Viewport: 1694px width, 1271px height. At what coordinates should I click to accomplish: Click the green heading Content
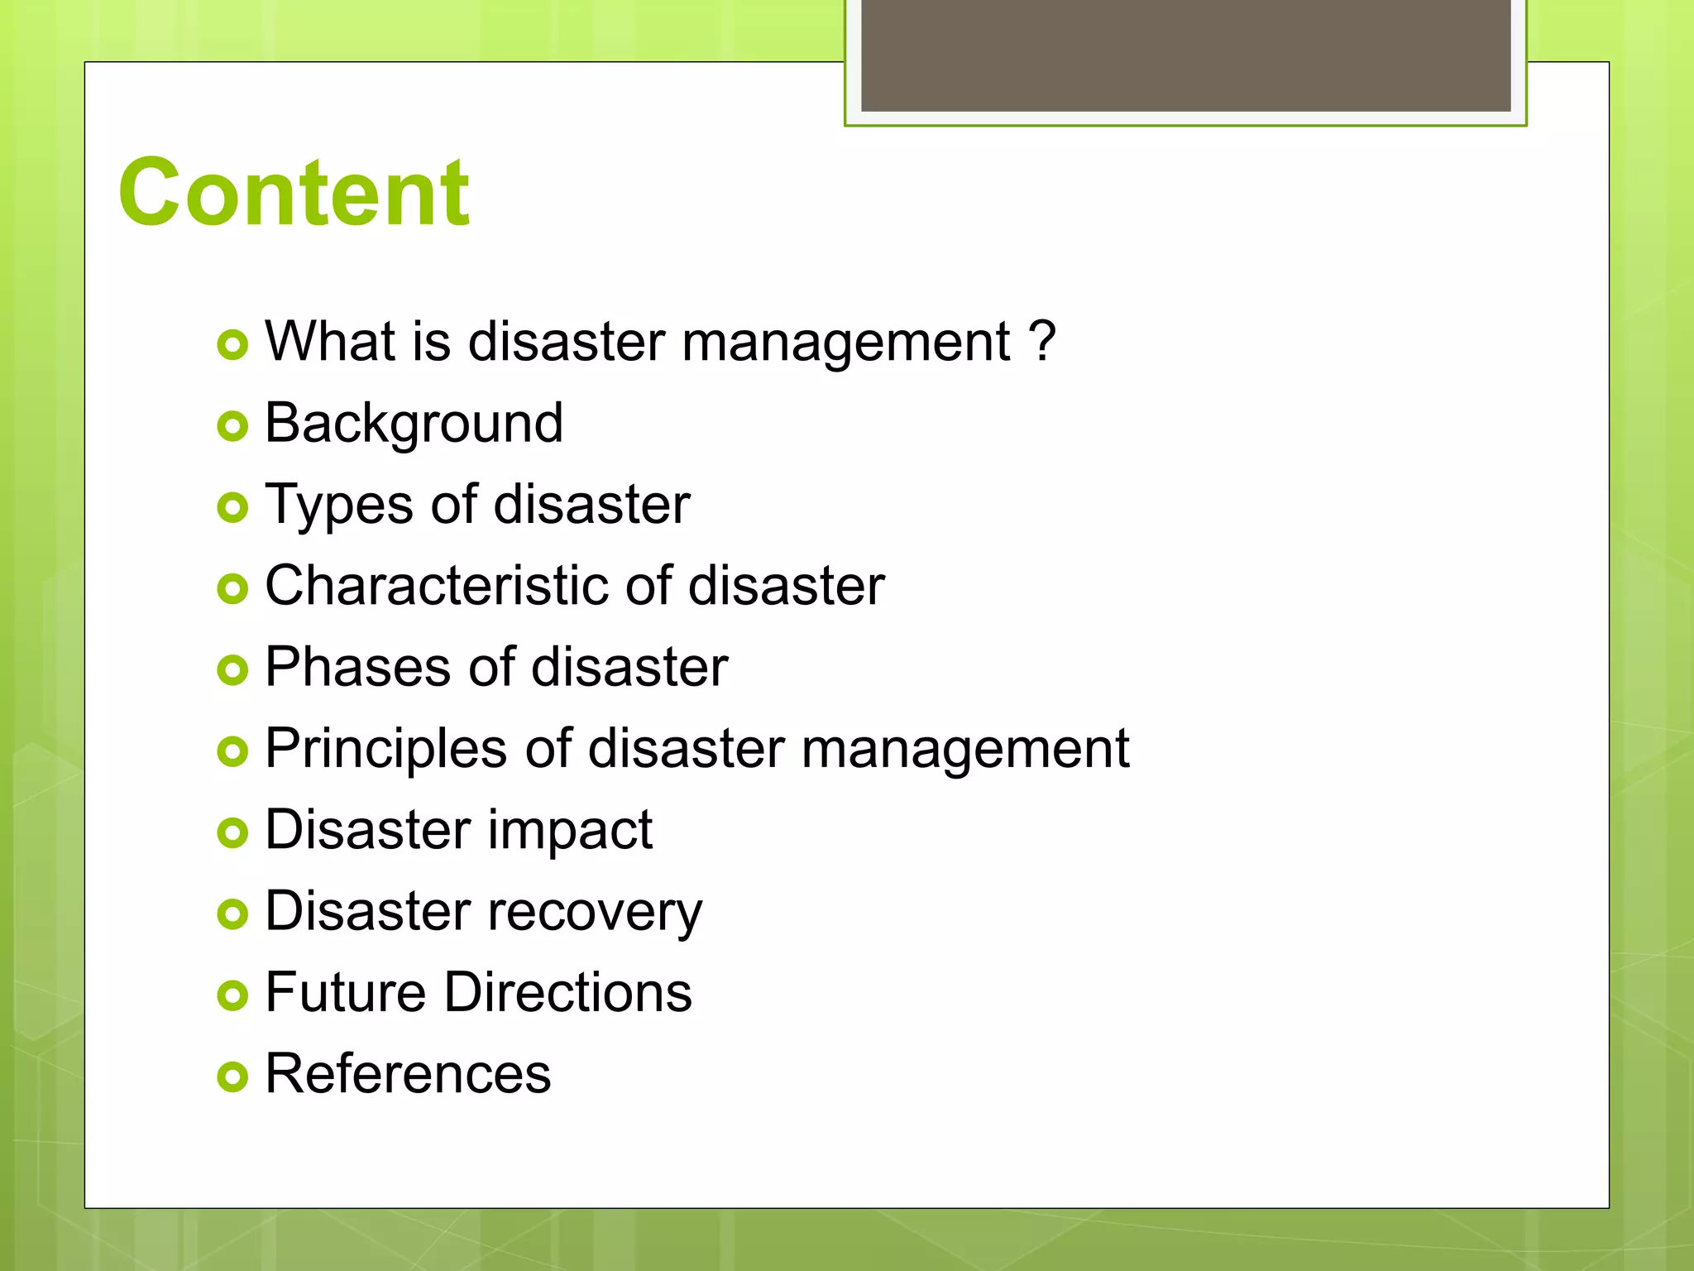pos(294,193)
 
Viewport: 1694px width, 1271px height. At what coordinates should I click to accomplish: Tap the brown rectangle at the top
pos(1185,55)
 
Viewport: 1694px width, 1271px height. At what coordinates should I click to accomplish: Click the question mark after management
pos(1041,340)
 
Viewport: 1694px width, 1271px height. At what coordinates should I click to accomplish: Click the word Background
pos(414,423)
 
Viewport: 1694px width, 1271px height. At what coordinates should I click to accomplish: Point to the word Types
pos(337,504)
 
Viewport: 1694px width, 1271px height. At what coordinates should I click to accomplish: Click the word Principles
pos(385,748)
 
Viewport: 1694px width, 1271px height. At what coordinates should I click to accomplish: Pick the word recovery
pos(595,911)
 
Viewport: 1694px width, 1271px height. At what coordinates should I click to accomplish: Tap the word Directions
pos(568,991)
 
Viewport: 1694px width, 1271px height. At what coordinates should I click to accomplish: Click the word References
pos(408,1073)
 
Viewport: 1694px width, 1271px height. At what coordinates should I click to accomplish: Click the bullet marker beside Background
pos(232,426)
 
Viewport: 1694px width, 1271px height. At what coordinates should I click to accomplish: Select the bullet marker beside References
pos(232,1077)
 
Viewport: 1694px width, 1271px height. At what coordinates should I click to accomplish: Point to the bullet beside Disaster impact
pos(232,832)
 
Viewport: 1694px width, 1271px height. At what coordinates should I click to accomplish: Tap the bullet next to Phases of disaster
pos(232,669)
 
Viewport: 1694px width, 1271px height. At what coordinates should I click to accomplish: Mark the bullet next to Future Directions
pos(232,995)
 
